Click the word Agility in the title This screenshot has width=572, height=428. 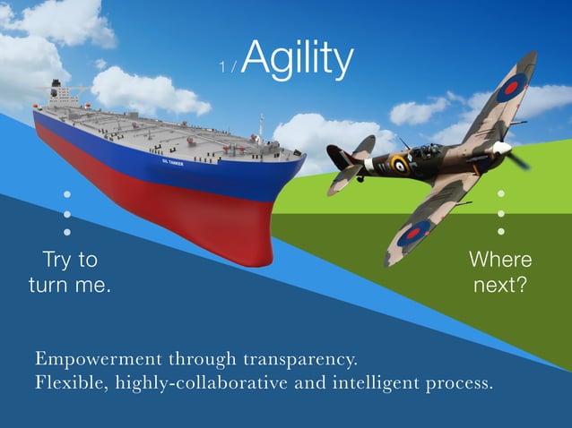point(297,59)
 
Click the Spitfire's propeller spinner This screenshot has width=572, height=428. point(503,147)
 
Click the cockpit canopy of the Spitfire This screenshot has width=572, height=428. point(429,151)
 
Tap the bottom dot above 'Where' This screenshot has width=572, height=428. point(501,232)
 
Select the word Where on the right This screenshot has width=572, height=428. point(500,260)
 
